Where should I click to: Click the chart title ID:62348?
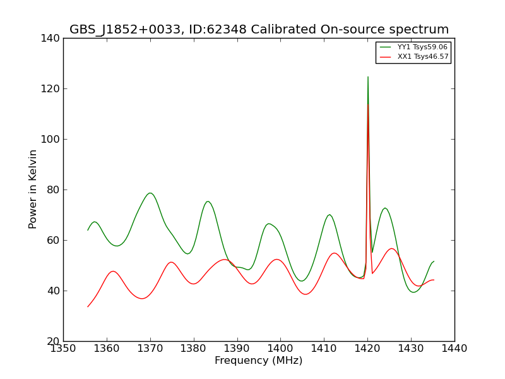click(218, 29)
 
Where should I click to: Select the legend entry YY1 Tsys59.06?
click(422, 47)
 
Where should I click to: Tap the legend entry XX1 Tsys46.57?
click(423, 57)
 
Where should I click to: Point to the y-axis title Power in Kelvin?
click(32, 189)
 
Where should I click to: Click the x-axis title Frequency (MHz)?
click(259, 361)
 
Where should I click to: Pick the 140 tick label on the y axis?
click(50, 39)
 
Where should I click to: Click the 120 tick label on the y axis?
click(50, 88)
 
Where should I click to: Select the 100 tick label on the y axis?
click(50, 139)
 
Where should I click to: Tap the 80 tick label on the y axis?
click(54, 190)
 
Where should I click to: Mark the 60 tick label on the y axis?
click(54, 241)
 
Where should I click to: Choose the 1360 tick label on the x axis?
click(107, 349)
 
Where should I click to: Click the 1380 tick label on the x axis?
click(194, 349)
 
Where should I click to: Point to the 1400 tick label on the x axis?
click(280, 349)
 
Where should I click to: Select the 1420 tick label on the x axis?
click(367, 349)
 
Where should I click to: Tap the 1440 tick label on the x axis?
click(454, 349)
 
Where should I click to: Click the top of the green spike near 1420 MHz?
click(368, 76)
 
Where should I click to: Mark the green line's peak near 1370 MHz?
click(150, 193)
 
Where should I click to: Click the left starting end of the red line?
click(88, 307)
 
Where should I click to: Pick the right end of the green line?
click(434, 262)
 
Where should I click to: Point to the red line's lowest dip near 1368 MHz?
click(142, 299)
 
